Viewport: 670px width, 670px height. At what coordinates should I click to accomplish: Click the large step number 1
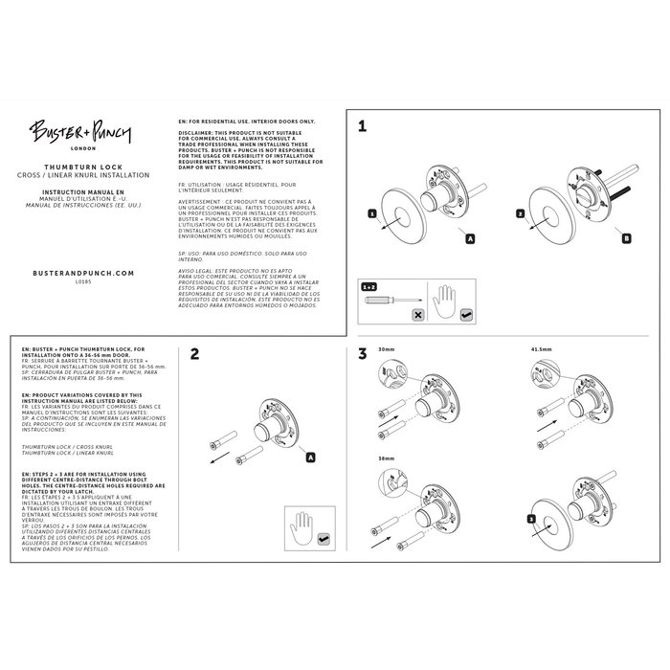click(x=363, y=124)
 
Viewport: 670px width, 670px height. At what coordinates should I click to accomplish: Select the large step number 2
click(x=194, y=354)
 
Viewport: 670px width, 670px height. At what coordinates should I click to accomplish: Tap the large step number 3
click(x=363, y=354)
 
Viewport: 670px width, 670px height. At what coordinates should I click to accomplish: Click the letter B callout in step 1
click(x=626, y=236)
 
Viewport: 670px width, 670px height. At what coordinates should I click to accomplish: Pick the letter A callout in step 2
click(x=310, y=458)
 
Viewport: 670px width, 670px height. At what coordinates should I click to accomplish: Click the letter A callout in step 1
click(x=469, y=236)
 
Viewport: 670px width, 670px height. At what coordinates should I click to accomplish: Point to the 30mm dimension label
click(x=388, y=349)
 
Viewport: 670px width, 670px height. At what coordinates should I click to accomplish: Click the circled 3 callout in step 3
click(x=531, y=518)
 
